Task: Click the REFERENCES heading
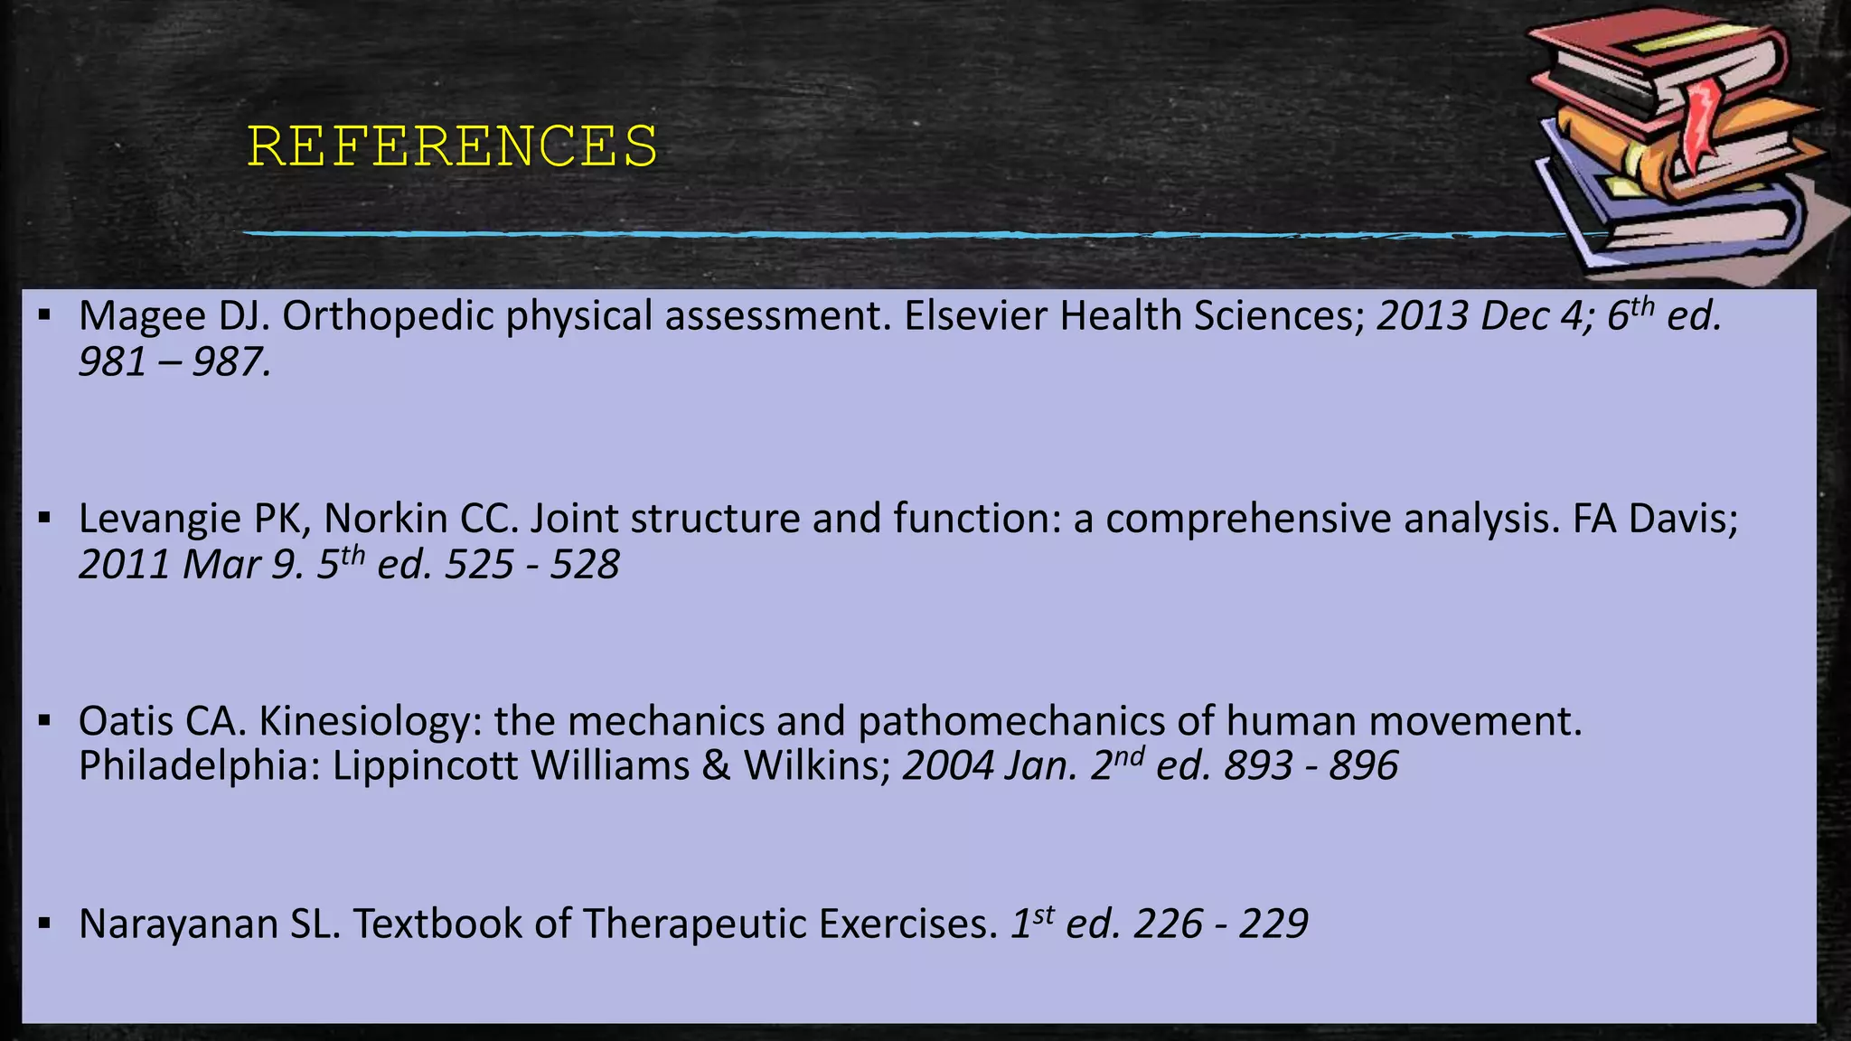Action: pos(452,146)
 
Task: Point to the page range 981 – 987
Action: pos(174,363)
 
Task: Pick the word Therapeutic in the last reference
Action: pos(694,924)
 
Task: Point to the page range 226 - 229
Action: pos(1221,924)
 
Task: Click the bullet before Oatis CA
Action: pos(44,721)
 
